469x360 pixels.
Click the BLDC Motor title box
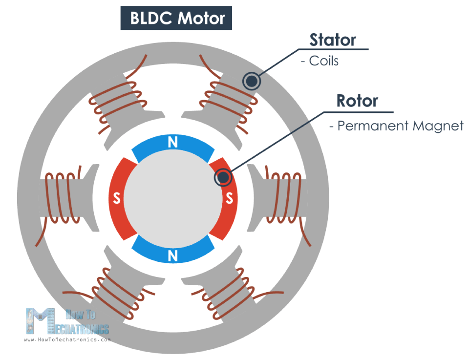click(x=176, y=18)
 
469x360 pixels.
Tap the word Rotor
click(x=357, y=101)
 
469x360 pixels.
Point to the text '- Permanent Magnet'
click(x=396, y=126)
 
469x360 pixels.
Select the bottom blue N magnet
click(x=172, y=252)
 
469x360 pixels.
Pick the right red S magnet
click(x=228, y=198)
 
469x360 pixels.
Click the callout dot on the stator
click(x=251, y=81)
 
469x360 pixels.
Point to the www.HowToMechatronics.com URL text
click(x=67, y=339)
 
